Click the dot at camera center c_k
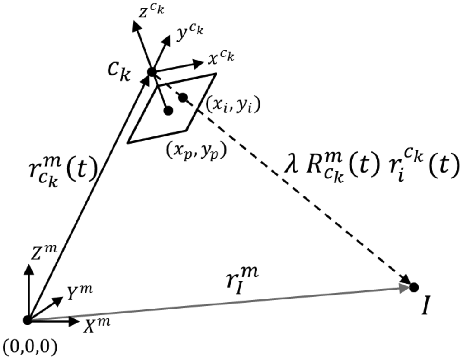click(x=152, y=72)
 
